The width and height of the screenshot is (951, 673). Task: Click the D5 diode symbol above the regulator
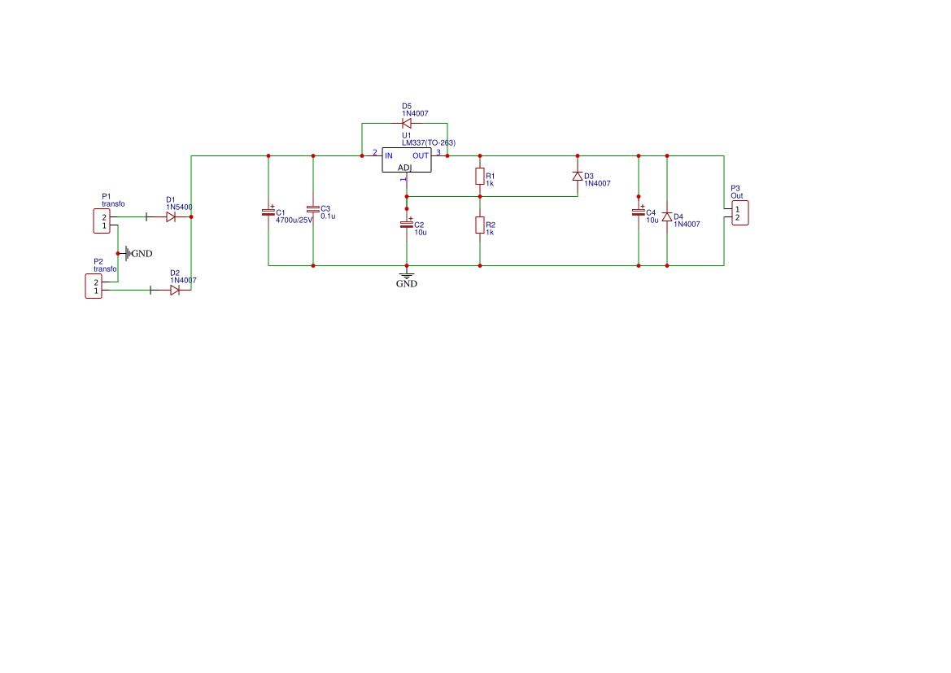(x=407, y=123)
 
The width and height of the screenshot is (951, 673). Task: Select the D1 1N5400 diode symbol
(x=171, y=216)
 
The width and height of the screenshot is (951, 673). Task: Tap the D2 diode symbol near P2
(x=175, y=290)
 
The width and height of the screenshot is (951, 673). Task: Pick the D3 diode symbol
(x=578, y=176)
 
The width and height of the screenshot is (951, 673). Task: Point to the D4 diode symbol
(x=667, y=216)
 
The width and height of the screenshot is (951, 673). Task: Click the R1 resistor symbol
(x=480, y=177)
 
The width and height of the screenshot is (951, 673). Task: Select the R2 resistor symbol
(x=480, y=225)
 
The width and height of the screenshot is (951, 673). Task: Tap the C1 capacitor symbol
(x=268, y=212)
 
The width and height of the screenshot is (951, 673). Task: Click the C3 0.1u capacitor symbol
(x=313, y=209)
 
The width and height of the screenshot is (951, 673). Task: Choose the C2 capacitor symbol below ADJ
(x=407, y=224)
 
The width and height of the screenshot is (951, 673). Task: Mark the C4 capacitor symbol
(x=638, y=212)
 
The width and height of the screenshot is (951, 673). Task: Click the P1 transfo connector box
(x=102, y=221)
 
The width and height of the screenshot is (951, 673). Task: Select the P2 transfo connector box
(x=94, y=286)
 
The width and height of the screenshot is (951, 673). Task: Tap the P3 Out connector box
(x=740, y=213)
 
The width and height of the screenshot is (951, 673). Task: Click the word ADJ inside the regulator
(x=404, y=168)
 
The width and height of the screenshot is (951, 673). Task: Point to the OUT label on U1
(x=421, y=156)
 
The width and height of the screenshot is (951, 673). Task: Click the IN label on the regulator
(x=389, y=156)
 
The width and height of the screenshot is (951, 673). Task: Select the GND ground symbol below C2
(x=407, y=279)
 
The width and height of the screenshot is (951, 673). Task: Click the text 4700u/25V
(x=294, y=221)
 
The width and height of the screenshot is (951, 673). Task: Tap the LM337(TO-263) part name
(x=429, y=143)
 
